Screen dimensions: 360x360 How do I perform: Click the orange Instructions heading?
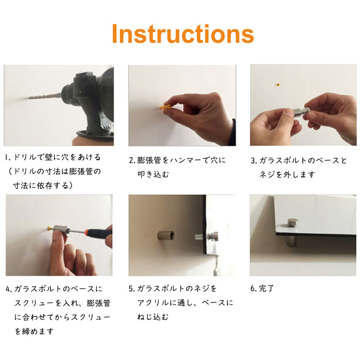pos(183,34)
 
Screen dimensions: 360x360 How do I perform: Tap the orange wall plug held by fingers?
pos(165,107)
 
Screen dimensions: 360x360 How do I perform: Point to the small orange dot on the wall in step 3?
pos(278,85)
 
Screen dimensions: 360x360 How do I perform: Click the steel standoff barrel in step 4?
pos(61,230)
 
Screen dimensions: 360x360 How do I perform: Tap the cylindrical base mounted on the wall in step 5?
pos(166,235)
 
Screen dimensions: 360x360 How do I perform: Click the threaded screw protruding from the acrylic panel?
pos(198,237)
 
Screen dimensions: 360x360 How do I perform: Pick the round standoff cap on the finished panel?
pos(292,222)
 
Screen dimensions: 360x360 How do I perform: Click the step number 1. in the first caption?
pos(8,157)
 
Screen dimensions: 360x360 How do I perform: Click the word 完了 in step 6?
pos(266,288)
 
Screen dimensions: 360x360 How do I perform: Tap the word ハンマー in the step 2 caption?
pos(186,160)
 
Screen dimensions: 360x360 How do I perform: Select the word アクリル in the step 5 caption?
pos(153,302)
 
